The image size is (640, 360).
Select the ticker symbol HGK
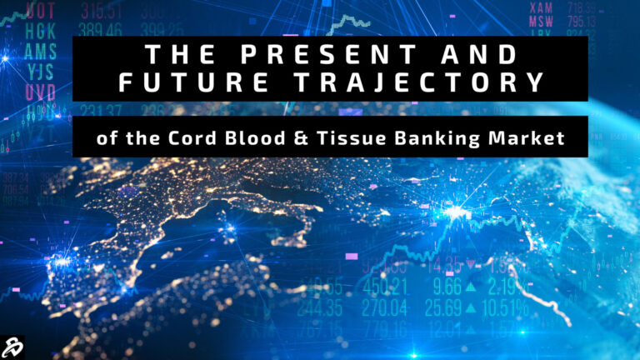(x=41, y=30)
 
